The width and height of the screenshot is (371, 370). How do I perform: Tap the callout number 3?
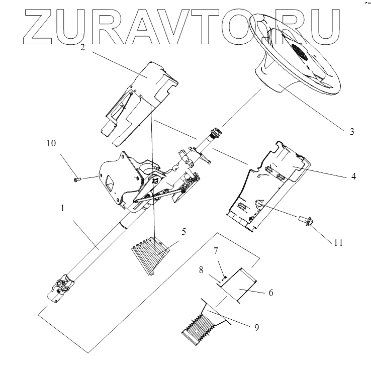[x=352, y=132]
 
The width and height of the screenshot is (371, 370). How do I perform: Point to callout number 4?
[x=354, y=176]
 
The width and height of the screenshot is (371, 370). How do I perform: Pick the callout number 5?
[x=184, y=232]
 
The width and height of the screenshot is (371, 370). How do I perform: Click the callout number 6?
[x=270, y=292]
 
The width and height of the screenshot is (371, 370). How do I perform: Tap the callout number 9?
[x=256, y=327]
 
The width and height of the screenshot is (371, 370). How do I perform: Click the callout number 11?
[x=338, y=242]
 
